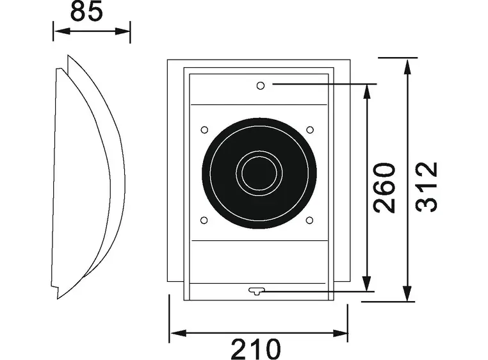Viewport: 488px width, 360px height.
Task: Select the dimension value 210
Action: [x=256, y=349]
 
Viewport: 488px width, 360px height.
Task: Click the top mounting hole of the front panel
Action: [x=260, y=85]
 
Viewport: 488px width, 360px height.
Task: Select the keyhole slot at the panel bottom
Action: [x=256, y=291]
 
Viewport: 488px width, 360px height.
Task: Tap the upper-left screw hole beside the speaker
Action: [x=204, y=130]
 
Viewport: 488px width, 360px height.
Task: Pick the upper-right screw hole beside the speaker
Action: [x=310, y=130]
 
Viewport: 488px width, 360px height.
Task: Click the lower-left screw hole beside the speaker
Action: [x=204, y=220]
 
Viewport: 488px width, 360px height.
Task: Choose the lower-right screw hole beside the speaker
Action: [x=310, y=220]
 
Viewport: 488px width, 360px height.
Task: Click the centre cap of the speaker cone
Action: [x=259, y=173]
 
